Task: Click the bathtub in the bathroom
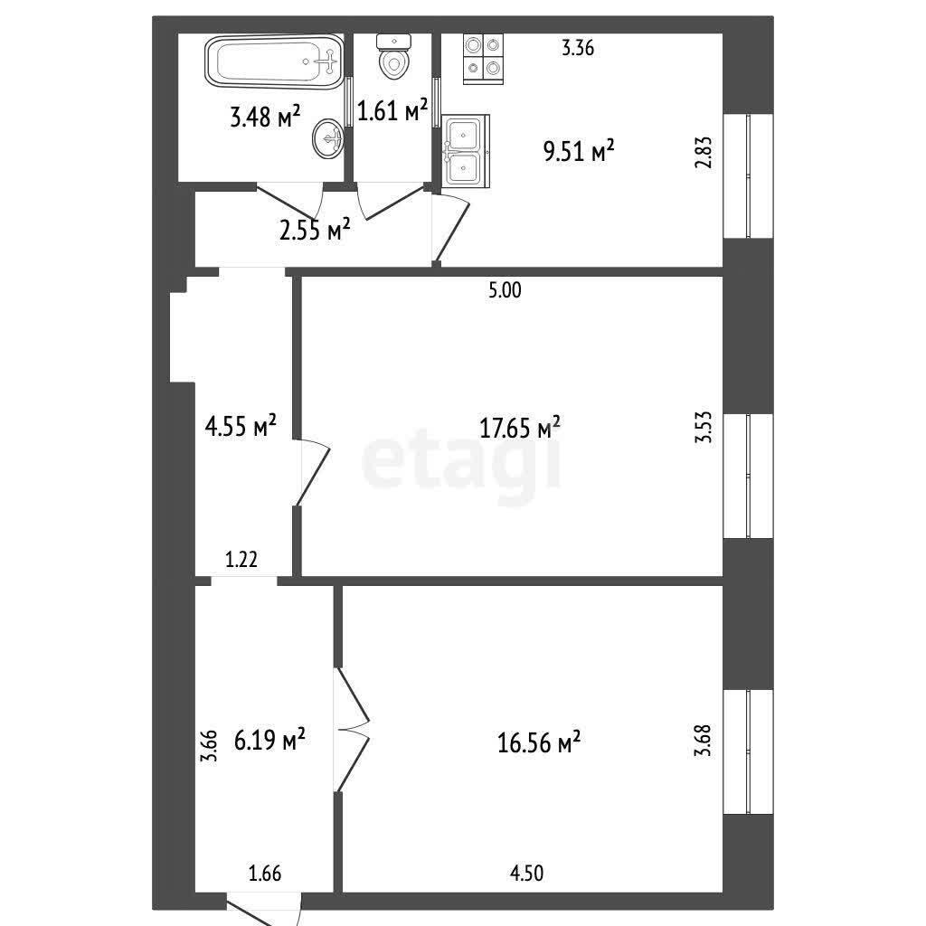(274, 62)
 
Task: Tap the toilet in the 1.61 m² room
(394, 57)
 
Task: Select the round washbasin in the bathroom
(327, 138)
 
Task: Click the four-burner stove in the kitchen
(483, 59)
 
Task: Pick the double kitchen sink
(466, 151)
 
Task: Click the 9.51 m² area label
(579, 151)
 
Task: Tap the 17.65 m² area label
(520, 427)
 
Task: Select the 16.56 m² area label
(539, 742)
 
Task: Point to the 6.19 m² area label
(269, 739)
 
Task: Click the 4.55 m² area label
(241, 425)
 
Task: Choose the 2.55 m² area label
(315, 230)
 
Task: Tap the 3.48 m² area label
(265, 117)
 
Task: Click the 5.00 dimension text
(505, 290)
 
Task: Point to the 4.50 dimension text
(527, 873)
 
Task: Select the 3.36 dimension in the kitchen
(578, 48)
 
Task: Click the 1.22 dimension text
(241, 559)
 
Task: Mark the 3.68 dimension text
(703, 741)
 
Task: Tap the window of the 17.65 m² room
(748, 476)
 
